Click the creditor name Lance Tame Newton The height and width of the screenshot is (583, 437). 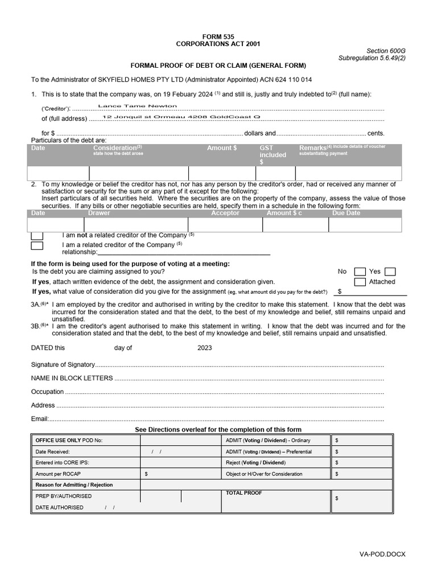138,106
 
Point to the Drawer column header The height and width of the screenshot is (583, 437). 100,213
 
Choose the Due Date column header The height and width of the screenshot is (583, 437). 346,213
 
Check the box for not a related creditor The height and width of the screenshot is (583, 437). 37,235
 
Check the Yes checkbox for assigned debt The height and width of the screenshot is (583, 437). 390,272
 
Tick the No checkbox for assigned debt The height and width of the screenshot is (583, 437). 360,272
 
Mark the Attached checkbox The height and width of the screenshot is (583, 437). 360,282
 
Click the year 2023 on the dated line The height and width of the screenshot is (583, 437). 205,348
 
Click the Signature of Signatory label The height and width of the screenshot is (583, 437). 62,364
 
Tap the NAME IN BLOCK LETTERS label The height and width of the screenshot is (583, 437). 72,378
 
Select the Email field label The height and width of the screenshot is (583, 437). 39,419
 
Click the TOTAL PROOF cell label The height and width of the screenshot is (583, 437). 244,493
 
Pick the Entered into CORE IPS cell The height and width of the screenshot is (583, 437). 62,462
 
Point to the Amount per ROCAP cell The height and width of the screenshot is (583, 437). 59,474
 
